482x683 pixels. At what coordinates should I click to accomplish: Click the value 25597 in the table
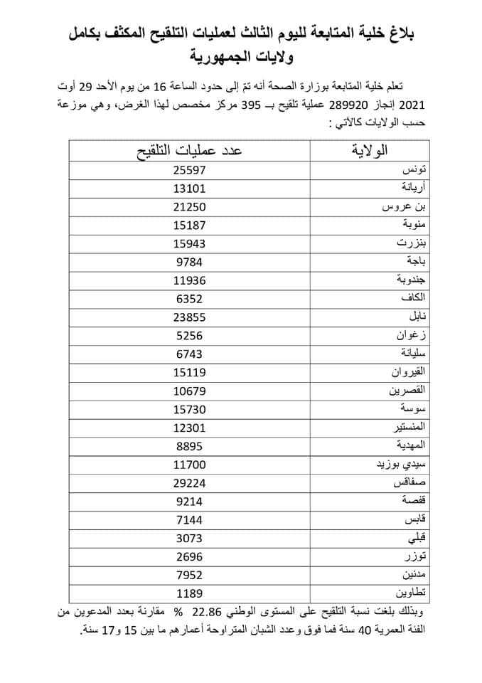coord(188,170)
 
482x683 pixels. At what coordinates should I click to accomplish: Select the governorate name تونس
coord(414,171)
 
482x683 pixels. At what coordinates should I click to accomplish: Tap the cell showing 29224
coord(188,482)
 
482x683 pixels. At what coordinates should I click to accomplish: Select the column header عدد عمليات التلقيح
coord(189,151)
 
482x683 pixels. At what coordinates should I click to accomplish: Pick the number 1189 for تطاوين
coord(188,593)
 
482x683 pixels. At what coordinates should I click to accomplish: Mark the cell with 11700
coord(188,464)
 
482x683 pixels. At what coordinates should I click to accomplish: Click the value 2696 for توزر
coord(188,556)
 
